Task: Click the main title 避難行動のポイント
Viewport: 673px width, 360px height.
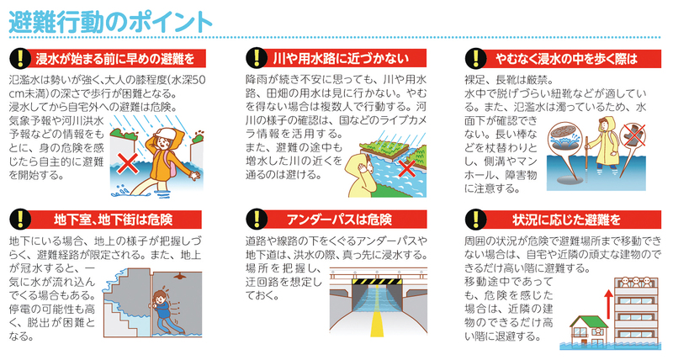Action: click(x=111, y=22)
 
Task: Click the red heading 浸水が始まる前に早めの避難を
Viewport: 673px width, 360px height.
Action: click(x=115, y=58)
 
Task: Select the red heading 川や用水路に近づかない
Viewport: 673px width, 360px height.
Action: click(x=341, y=58)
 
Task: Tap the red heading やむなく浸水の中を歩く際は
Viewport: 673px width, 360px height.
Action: click(x=566, y=58)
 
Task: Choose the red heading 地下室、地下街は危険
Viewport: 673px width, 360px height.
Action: click(x=114, y=220)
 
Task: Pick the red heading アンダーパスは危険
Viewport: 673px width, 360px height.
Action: click(x=339, y=220)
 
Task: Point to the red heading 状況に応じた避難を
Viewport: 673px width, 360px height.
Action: click(x=566, y=220)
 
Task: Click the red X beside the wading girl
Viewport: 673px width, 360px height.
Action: click(x=128, y=163)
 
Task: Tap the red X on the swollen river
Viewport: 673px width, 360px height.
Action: click(x=407, y=168)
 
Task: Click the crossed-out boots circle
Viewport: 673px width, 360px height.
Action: click(x=633, y=135)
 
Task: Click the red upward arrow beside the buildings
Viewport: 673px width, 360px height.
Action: click(x=607, y=305)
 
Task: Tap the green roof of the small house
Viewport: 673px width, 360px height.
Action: click(x=588, y=321)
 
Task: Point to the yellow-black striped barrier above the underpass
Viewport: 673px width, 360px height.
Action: click(x=376, y=282)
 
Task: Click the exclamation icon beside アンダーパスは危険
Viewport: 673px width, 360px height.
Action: click(x=257, y=220)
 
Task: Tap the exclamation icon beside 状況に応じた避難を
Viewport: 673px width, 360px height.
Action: click(x=475, y=220)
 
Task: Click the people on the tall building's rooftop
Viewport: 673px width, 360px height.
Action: click(x=635, y=282)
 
